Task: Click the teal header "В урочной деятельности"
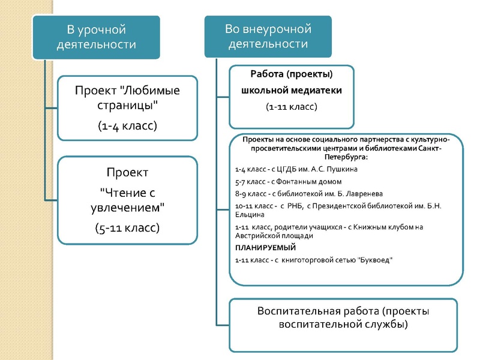[x=96, y=37]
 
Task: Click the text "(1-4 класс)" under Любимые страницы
[x=127, y=126]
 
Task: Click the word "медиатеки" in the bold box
[x=320, y=91]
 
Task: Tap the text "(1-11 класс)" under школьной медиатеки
[x=292, y=107]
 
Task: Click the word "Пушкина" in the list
[x=341, y=169]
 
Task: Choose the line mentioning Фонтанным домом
[x=288, y=181]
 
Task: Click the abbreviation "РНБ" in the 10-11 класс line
[x=293, y=207]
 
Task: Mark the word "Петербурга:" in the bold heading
[x=344, y=157]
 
